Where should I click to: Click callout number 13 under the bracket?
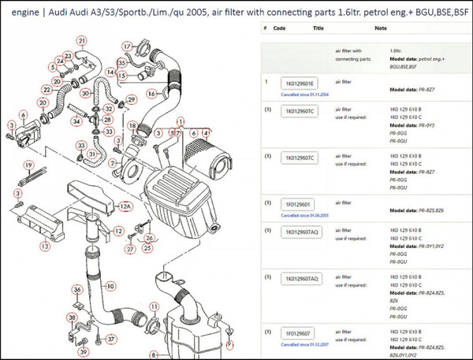click(x=45, y=247)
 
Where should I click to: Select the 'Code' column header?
click(x=280, y=27)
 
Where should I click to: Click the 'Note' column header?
click(x=381, y=27)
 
